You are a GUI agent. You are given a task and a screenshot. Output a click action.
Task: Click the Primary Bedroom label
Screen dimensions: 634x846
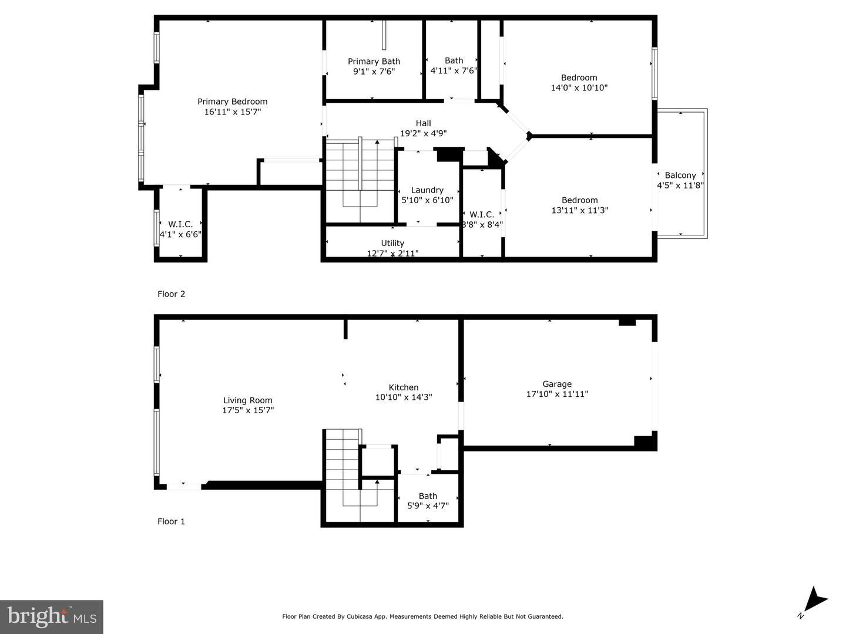click(232, 102)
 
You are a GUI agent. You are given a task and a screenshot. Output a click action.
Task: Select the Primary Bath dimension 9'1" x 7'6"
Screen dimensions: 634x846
click(374, 72)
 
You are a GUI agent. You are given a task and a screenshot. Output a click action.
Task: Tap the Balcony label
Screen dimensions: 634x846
click(680, 175)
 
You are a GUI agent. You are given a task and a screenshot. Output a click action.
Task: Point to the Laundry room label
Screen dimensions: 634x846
click(427, 190)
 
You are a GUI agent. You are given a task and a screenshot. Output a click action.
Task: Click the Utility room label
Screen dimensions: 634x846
click(392, 243)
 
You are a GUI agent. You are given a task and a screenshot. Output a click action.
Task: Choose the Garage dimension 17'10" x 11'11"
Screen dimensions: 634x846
click(557, 394)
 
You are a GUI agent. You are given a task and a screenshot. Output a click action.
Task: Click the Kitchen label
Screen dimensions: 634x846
click(404, 387)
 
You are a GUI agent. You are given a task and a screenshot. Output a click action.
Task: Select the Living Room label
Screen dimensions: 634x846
click(247, 400)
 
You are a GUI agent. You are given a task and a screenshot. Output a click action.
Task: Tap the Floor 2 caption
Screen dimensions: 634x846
click(171, 294)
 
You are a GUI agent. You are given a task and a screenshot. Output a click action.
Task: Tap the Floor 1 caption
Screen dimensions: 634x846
click(171, 521)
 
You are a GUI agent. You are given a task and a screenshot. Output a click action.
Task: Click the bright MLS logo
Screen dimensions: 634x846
click(52, 616)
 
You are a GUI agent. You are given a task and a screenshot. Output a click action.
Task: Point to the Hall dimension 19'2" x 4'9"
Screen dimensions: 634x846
click(423, 133)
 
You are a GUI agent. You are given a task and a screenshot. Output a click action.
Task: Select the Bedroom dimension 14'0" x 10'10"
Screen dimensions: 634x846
click(579, 88)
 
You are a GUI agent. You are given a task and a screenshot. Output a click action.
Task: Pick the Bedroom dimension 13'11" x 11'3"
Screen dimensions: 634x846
click(579, 210)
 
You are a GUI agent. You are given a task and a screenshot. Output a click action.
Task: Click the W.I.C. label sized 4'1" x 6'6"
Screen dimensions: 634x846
click(180, 224)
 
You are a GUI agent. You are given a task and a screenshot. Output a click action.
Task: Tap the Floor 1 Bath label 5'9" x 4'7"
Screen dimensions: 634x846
click(428, 496)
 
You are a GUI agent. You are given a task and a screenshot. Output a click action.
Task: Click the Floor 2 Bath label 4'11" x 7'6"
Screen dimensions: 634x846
click(454, 60)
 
